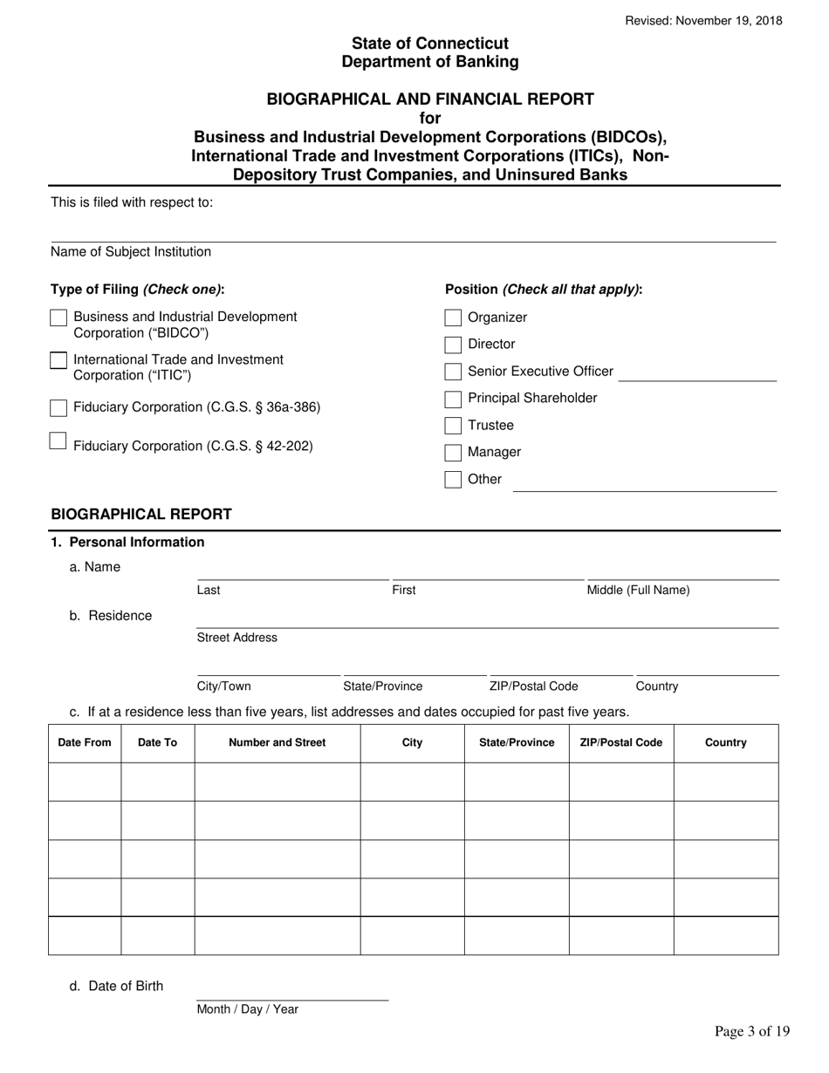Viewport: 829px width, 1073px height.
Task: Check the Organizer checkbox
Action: (453, 318)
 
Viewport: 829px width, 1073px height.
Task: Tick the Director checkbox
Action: (453, 345)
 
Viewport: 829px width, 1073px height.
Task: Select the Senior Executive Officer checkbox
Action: (453, 372)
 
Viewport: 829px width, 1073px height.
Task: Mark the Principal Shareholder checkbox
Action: (453, 399)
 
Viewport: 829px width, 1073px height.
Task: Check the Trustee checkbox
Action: (453, 426)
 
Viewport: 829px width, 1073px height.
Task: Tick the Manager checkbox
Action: (453, 453)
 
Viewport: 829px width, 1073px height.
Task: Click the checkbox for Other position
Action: (453, 480)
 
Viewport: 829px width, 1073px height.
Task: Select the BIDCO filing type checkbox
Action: (58, 318)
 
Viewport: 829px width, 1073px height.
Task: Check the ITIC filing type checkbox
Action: (58, 360)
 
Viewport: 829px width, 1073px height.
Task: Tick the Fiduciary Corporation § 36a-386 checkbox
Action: (58, 407)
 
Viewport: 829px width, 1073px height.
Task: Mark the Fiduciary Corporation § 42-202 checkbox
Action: (58, 441)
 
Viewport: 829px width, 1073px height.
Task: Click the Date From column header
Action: (85, 743)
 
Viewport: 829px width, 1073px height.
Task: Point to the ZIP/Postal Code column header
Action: (621, 743)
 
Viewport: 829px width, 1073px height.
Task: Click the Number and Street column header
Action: (277, 743)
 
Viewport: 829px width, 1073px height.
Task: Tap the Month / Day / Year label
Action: (248, 1009)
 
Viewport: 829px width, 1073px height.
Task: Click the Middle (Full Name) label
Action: (638, 591)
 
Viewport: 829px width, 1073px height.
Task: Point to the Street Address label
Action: (237, 638)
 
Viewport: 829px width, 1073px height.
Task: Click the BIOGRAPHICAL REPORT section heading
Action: (141, 514)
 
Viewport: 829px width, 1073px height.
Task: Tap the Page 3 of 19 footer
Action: (752, 1032)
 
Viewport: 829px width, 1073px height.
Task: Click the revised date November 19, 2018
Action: (704, 21)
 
